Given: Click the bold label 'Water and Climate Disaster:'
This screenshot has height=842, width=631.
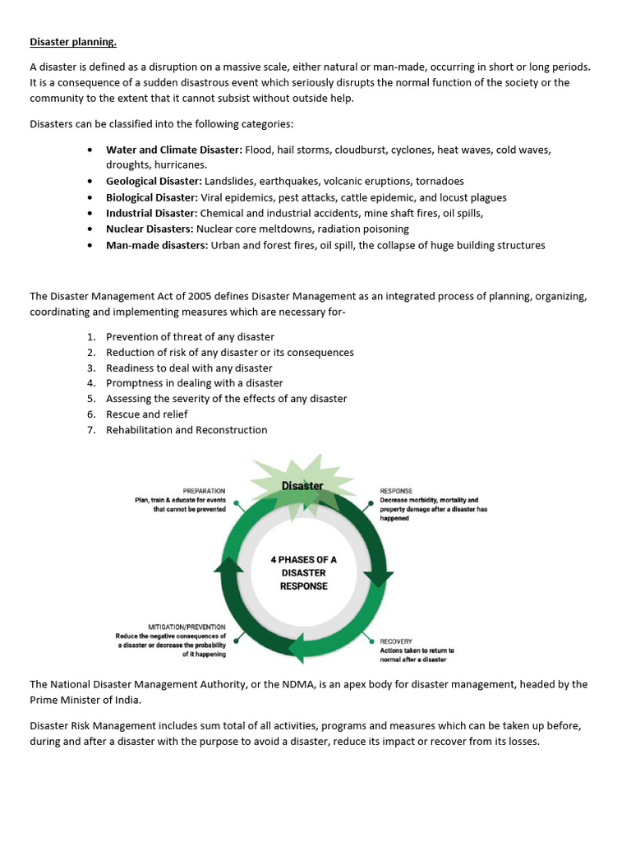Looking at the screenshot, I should pyautogui.click(x=173, y=150).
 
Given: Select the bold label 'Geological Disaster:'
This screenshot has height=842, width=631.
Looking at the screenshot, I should pyautogui.click(x=154, y=181).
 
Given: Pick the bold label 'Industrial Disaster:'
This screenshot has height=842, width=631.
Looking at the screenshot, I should pyautogui.click(x=151, y=213).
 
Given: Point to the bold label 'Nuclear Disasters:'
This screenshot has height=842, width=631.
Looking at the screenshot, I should pyautogui.click(x=150, y=229).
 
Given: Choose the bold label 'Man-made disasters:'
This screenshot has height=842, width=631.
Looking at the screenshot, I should pyautogui.click(x=157, y=245).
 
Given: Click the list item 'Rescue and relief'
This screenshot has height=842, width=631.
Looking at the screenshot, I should pyautogui.click(x=146, y=414).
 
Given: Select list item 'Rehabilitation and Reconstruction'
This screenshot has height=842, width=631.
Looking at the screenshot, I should pyautogui.click(x=187, y=430).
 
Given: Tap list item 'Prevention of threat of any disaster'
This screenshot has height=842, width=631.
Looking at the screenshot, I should pyautogui.click(x=190, y=337).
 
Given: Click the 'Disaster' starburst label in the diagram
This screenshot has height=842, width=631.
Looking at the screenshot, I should pyautogui.click(x=302, y=486).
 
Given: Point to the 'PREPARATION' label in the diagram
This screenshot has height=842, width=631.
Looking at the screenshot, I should pyautogui.click(x=204, y=491).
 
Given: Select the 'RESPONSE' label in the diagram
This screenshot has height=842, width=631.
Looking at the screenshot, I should pyautogui.click(x=396, y=491).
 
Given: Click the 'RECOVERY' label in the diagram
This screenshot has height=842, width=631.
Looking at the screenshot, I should pyautogui.click(x=396, y=641).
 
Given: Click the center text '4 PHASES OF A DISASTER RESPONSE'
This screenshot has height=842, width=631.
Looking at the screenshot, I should pyautogui.click(x=303, y=573).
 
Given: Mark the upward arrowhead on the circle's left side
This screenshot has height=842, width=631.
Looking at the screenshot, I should pyautogui.click(x=228, y=564).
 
